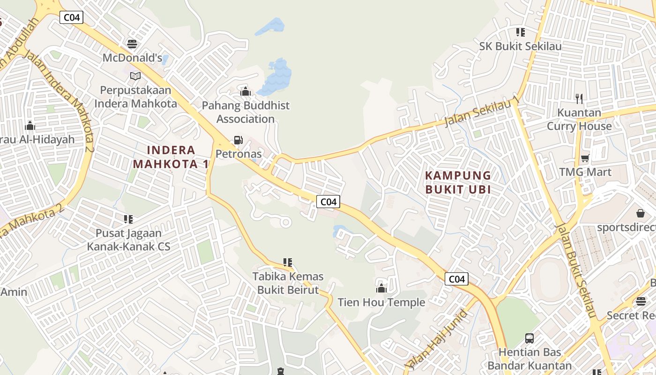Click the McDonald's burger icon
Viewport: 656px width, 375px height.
tap(132, 44)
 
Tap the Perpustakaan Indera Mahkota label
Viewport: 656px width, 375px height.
tap(135, 97)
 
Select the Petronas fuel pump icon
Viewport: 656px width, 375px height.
tap(238, 140)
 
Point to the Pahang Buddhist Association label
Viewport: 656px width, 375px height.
tap(246, 112)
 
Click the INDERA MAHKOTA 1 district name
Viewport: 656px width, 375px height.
tap(171, 157)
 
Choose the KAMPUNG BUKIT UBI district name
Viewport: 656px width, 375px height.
tap(458, 182)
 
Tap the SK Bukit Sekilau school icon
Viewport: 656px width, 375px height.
tap(520, 32)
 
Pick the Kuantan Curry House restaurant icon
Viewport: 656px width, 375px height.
tap(579, 98)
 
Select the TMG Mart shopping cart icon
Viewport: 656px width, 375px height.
tap(585, 158)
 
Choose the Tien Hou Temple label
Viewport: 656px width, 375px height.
tap(381, 302)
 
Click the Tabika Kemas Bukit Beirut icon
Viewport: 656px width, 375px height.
tap(288, 262)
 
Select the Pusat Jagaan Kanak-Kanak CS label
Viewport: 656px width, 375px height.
tap(128, 240)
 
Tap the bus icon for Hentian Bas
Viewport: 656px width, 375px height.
tap(529, 338)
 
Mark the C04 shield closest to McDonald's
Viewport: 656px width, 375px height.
tap(72, 17)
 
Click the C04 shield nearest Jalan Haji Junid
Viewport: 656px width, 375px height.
tap(456, 279)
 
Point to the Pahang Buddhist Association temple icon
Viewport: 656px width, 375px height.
tap(245, 91)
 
